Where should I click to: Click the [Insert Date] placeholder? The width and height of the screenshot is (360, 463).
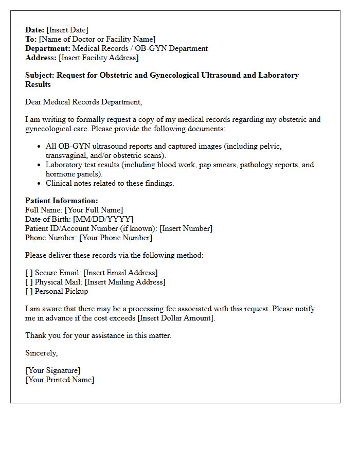[67, 30]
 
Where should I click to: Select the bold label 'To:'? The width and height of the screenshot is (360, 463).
[31, 39]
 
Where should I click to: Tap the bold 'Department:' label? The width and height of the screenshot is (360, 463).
[48, 48]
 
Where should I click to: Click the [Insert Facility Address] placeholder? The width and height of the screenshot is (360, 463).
[99, 58]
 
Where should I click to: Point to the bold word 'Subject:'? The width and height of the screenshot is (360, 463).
[40, 75]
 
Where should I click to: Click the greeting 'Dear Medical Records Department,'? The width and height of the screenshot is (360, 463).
[84, 102]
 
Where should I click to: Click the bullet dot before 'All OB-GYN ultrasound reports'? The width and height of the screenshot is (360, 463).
[40, 147]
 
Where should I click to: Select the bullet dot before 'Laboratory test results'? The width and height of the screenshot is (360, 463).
[40, 165]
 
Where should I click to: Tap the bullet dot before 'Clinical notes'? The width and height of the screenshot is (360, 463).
[40, 184]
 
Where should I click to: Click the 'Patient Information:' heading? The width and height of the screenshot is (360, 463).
[61, 201]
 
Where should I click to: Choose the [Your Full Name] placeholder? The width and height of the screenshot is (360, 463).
[94, 210]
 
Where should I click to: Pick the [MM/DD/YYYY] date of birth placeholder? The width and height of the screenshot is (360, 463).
[103, 219]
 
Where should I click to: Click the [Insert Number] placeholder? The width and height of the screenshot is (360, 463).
[186, 228]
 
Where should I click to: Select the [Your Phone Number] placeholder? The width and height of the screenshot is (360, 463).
[116, 238]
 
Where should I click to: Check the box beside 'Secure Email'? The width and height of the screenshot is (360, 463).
[29, 273]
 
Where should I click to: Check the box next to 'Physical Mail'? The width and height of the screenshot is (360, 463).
[29, 282]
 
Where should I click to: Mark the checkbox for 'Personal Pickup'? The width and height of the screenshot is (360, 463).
[29, 291]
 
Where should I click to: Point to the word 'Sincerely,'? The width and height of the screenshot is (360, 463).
[42, 353]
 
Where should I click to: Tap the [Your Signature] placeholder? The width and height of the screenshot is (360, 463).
[53, 370]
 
